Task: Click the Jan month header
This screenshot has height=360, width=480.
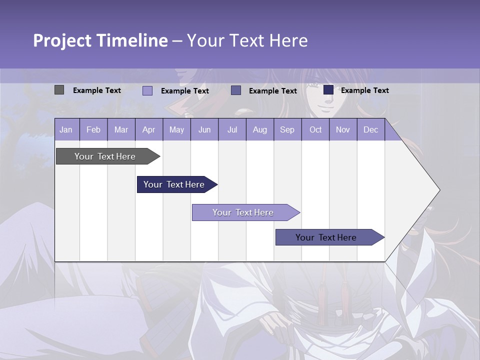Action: click(66, 130)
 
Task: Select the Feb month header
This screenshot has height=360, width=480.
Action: click(93, 130)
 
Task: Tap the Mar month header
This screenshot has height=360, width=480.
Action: click(121, 130)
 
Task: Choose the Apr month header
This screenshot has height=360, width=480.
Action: click(149, 130)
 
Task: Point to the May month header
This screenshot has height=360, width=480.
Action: click(176, 130)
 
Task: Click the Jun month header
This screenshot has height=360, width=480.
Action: click(204, 130)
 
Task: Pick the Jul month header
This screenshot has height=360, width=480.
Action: click(232, 130)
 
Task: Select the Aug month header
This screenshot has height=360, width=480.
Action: click(260, 130)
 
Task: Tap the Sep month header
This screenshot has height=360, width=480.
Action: click(287, 130)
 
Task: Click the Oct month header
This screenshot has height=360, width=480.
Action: click(315, 130)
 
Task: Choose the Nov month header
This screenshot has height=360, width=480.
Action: click(343, 130)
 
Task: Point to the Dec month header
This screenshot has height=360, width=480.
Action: click(370, 130)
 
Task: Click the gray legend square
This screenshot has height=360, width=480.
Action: click(59, 90)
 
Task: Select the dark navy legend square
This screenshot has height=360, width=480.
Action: click(328, 90)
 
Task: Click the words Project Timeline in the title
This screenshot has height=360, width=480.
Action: click(100, 40)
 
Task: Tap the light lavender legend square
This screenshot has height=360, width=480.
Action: click(147, 90)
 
